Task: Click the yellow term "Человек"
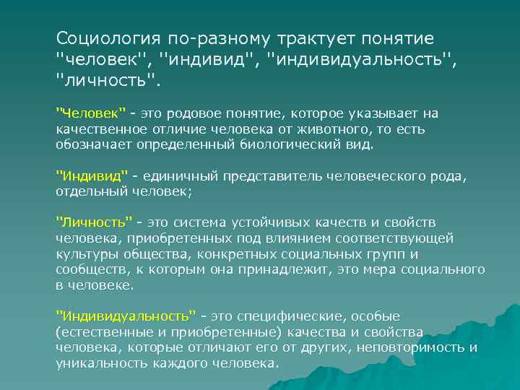pyautogui.click(x=91, y=114)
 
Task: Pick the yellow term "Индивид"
pyautogui.click(x=92, y=177)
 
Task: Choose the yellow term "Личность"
pyautogui.click(x=94, y=222)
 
